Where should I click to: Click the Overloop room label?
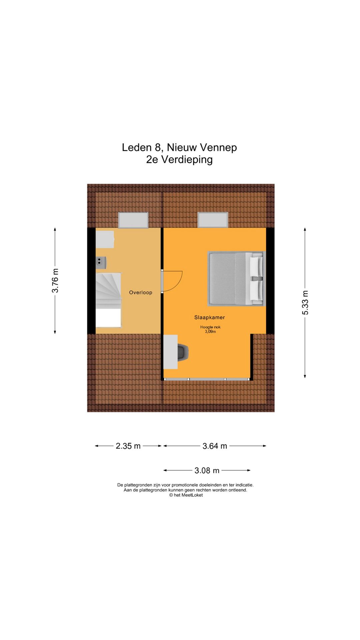[x=141, y=292]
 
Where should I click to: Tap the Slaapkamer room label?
[x=209, y=317]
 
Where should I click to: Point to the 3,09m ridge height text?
[x=210, y=332]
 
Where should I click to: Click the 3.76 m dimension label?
[x=55, y=281]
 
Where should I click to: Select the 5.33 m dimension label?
[x=305, y=303]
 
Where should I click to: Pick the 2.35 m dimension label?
[x=128, y=446]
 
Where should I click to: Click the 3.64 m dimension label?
[x=215, y=446]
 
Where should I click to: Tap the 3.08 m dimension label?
[x=207, y=470]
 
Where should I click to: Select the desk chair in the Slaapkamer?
[x=183, y=352]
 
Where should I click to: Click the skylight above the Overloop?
[x=133, y=220]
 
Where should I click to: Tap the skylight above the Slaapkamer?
[x=213, y=220]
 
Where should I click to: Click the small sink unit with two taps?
[x=101, y=262]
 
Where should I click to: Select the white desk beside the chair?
[x=171, y=352]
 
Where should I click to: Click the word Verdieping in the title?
[x=187, y=159]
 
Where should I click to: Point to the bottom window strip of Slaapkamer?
[x=207, y=379]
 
